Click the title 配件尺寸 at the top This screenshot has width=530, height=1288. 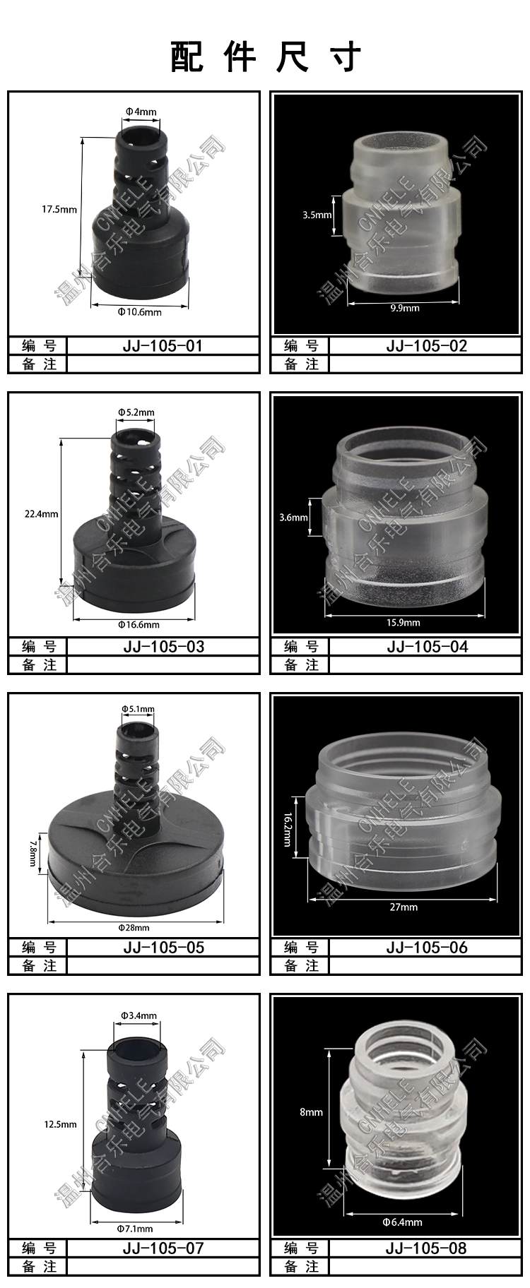[266, 56]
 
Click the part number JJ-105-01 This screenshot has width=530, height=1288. [163, 346]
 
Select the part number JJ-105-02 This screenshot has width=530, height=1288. [427, 346]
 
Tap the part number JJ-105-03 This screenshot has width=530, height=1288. [163, 647]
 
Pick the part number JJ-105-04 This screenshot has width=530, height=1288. [427, 647]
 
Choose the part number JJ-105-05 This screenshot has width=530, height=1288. [163, 948]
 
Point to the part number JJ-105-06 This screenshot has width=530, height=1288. [427, 948]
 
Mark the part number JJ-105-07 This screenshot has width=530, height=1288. [163, 1248]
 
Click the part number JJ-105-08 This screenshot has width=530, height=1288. [426, 1248]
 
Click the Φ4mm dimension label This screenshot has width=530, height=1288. [141, 112]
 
